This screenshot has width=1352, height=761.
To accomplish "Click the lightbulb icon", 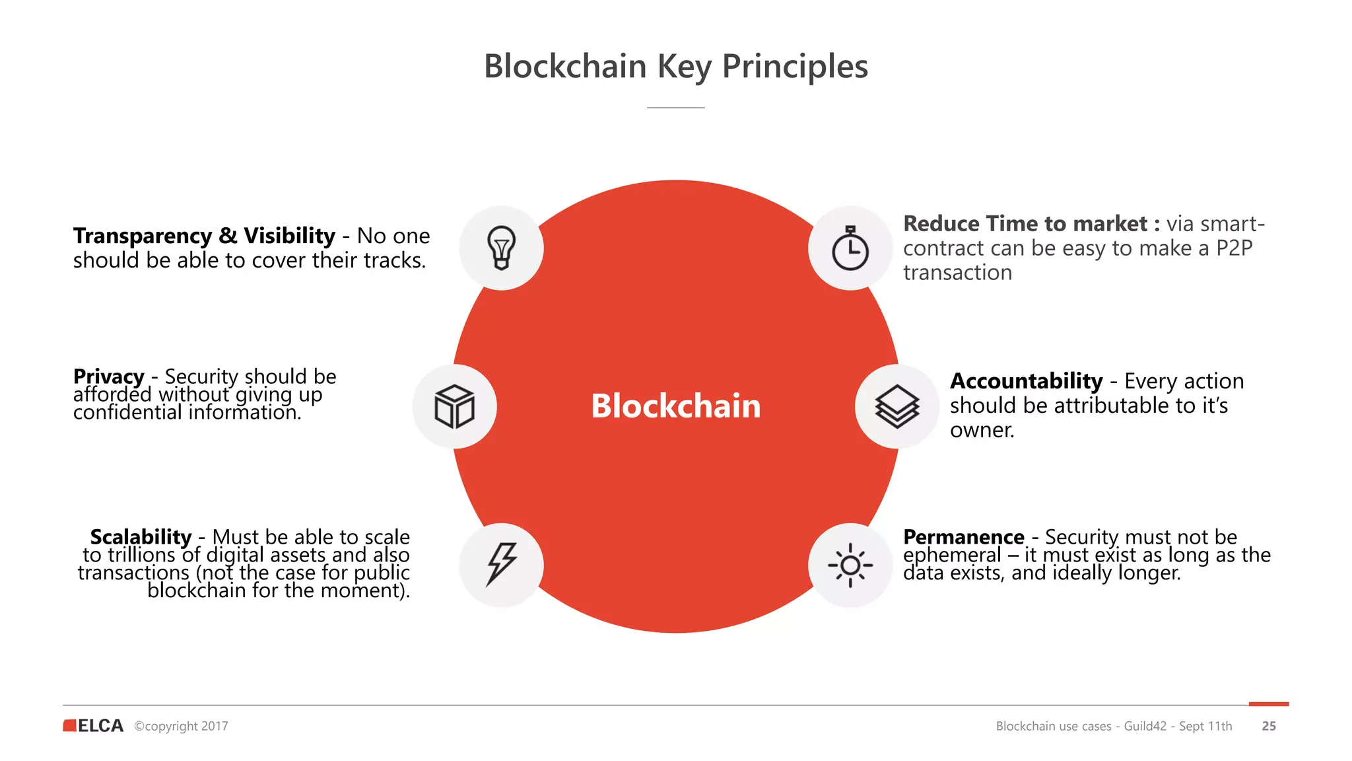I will [x=501, y=248].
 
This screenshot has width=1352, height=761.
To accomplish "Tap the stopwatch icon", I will [x=850, y=248].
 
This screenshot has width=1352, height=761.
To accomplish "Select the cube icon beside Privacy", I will [x=454, y=406].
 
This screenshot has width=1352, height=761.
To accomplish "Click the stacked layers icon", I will [x=896, y=406].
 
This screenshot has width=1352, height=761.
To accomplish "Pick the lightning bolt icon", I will [x=501, y=565].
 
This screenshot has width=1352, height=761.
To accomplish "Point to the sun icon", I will [x=850, y=565].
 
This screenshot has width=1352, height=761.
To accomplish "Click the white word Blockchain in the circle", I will [x=675, y=406].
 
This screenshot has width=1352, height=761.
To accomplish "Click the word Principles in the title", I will [x=795, y=67].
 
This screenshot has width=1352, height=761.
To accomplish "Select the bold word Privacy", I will [x=108, y=377].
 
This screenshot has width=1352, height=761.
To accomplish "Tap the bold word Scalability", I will [x=141, y=536].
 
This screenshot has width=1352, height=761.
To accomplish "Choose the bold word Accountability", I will [x=1026, y=381].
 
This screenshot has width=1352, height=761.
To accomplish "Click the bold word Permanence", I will [x=963, y=536].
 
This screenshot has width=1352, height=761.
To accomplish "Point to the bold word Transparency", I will [x=142, y=236].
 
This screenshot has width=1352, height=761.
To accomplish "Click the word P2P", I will [x=1234, y=248].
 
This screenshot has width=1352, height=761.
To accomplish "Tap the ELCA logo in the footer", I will [x=94, y=725].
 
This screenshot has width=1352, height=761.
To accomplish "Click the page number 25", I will [x=1268, y=726].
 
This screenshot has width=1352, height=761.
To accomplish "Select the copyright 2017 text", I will [x=181, y=726].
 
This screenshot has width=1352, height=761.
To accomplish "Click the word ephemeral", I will [x=951, y=555].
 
